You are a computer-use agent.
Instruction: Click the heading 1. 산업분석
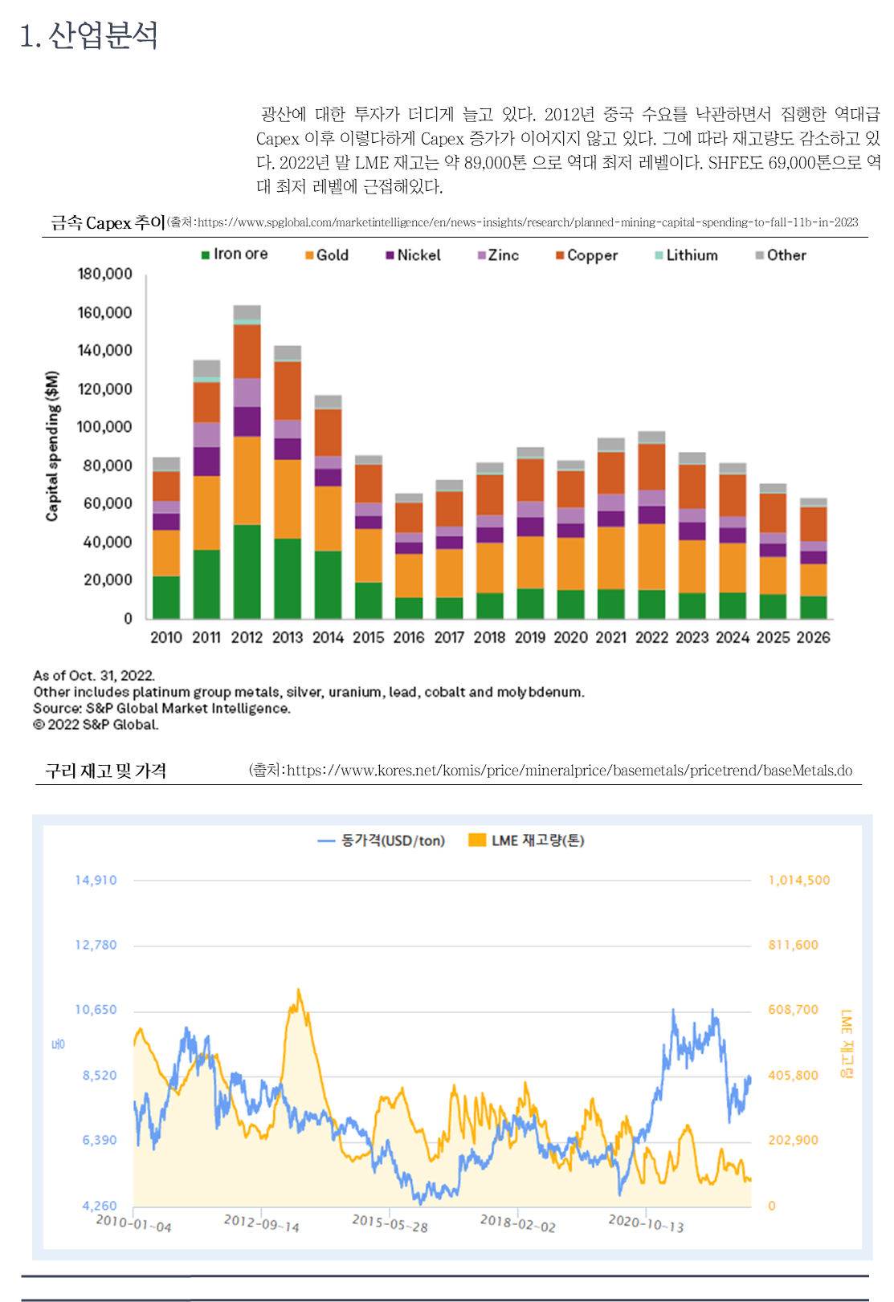[x=88, y=36]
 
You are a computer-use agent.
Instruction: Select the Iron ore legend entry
[x=235, y=254]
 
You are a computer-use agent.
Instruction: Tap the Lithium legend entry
[x=687, y=255]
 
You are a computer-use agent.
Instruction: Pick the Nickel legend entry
[x=414, y=255]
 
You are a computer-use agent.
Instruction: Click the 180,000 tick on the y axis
[x=104, y=274]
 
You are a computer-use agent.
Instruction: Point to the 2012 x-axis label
[x=247, y=637]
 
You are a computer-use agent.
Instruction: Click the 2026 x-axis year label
[x=813, y=637]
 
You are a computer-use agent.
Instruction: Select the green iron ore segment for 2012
[x=247, y=572]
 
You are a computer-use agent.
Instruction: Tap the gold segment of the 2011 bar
[x=206, y=513]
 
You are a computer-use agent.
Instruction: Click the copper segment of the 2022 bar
[x=651, y=466]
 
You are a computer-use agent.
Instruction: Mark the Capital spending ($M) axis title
[x=52, y=446]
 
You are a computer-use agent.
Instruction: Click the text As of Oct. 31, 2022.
[x=94, y=676]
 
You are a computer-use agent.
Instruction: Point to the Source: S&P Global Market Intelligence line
[x=161, y=709]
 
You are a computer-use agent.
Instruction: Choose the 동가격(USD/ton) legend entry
[x=382, y=840]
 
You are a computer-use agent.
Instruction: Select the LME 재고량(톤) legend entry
[x=527, y=840]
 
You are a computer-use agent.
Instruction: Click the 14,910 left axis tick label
[x=96, y=881]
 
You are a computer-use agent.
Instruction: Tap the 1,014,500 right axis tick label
[x=799, y=881]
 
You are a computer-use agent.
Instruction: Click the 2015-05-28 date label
[x=390, y=1223]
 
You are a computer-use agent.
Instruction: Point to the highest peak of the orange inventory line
[x=299, y=990]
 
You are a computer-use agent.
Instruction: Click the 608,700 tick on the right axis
[x=793, y=1010]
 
